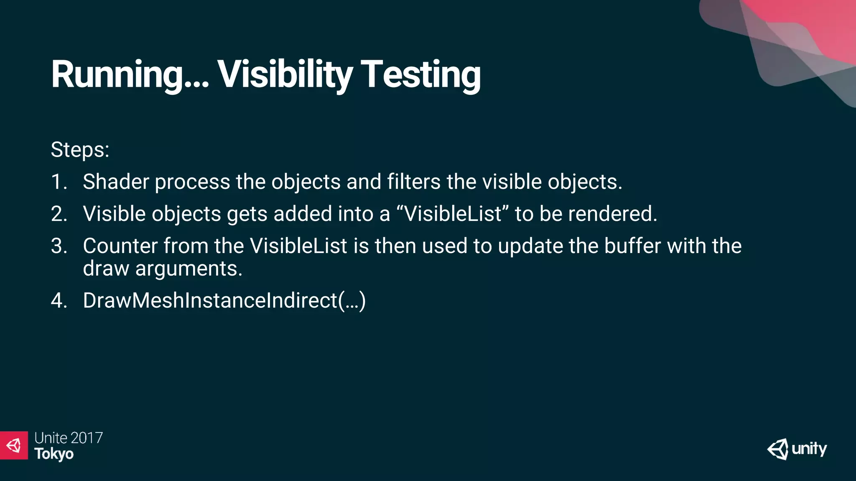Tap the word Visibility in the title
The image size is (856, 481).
click(285, 75)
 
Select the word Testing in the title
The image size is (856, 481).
click(420, 75)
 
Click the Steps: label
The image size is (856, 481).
click(80, 149)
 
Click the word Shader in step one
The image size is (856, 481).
click(116, 182)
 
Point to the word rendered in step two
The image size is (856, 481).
click(612, 214)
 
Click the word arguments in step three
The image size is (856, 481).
click(189, 268)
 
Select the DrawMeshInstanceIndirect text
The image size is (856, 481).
click(224, 301)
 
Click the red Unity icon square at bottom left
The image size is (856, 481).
click(14, 446)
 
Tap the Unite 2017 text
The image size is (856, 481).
click(69, 438)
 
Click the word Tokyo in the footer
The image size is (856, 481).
click(54, 454)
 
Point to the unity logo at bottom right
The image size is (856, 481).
click(797, 449)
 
